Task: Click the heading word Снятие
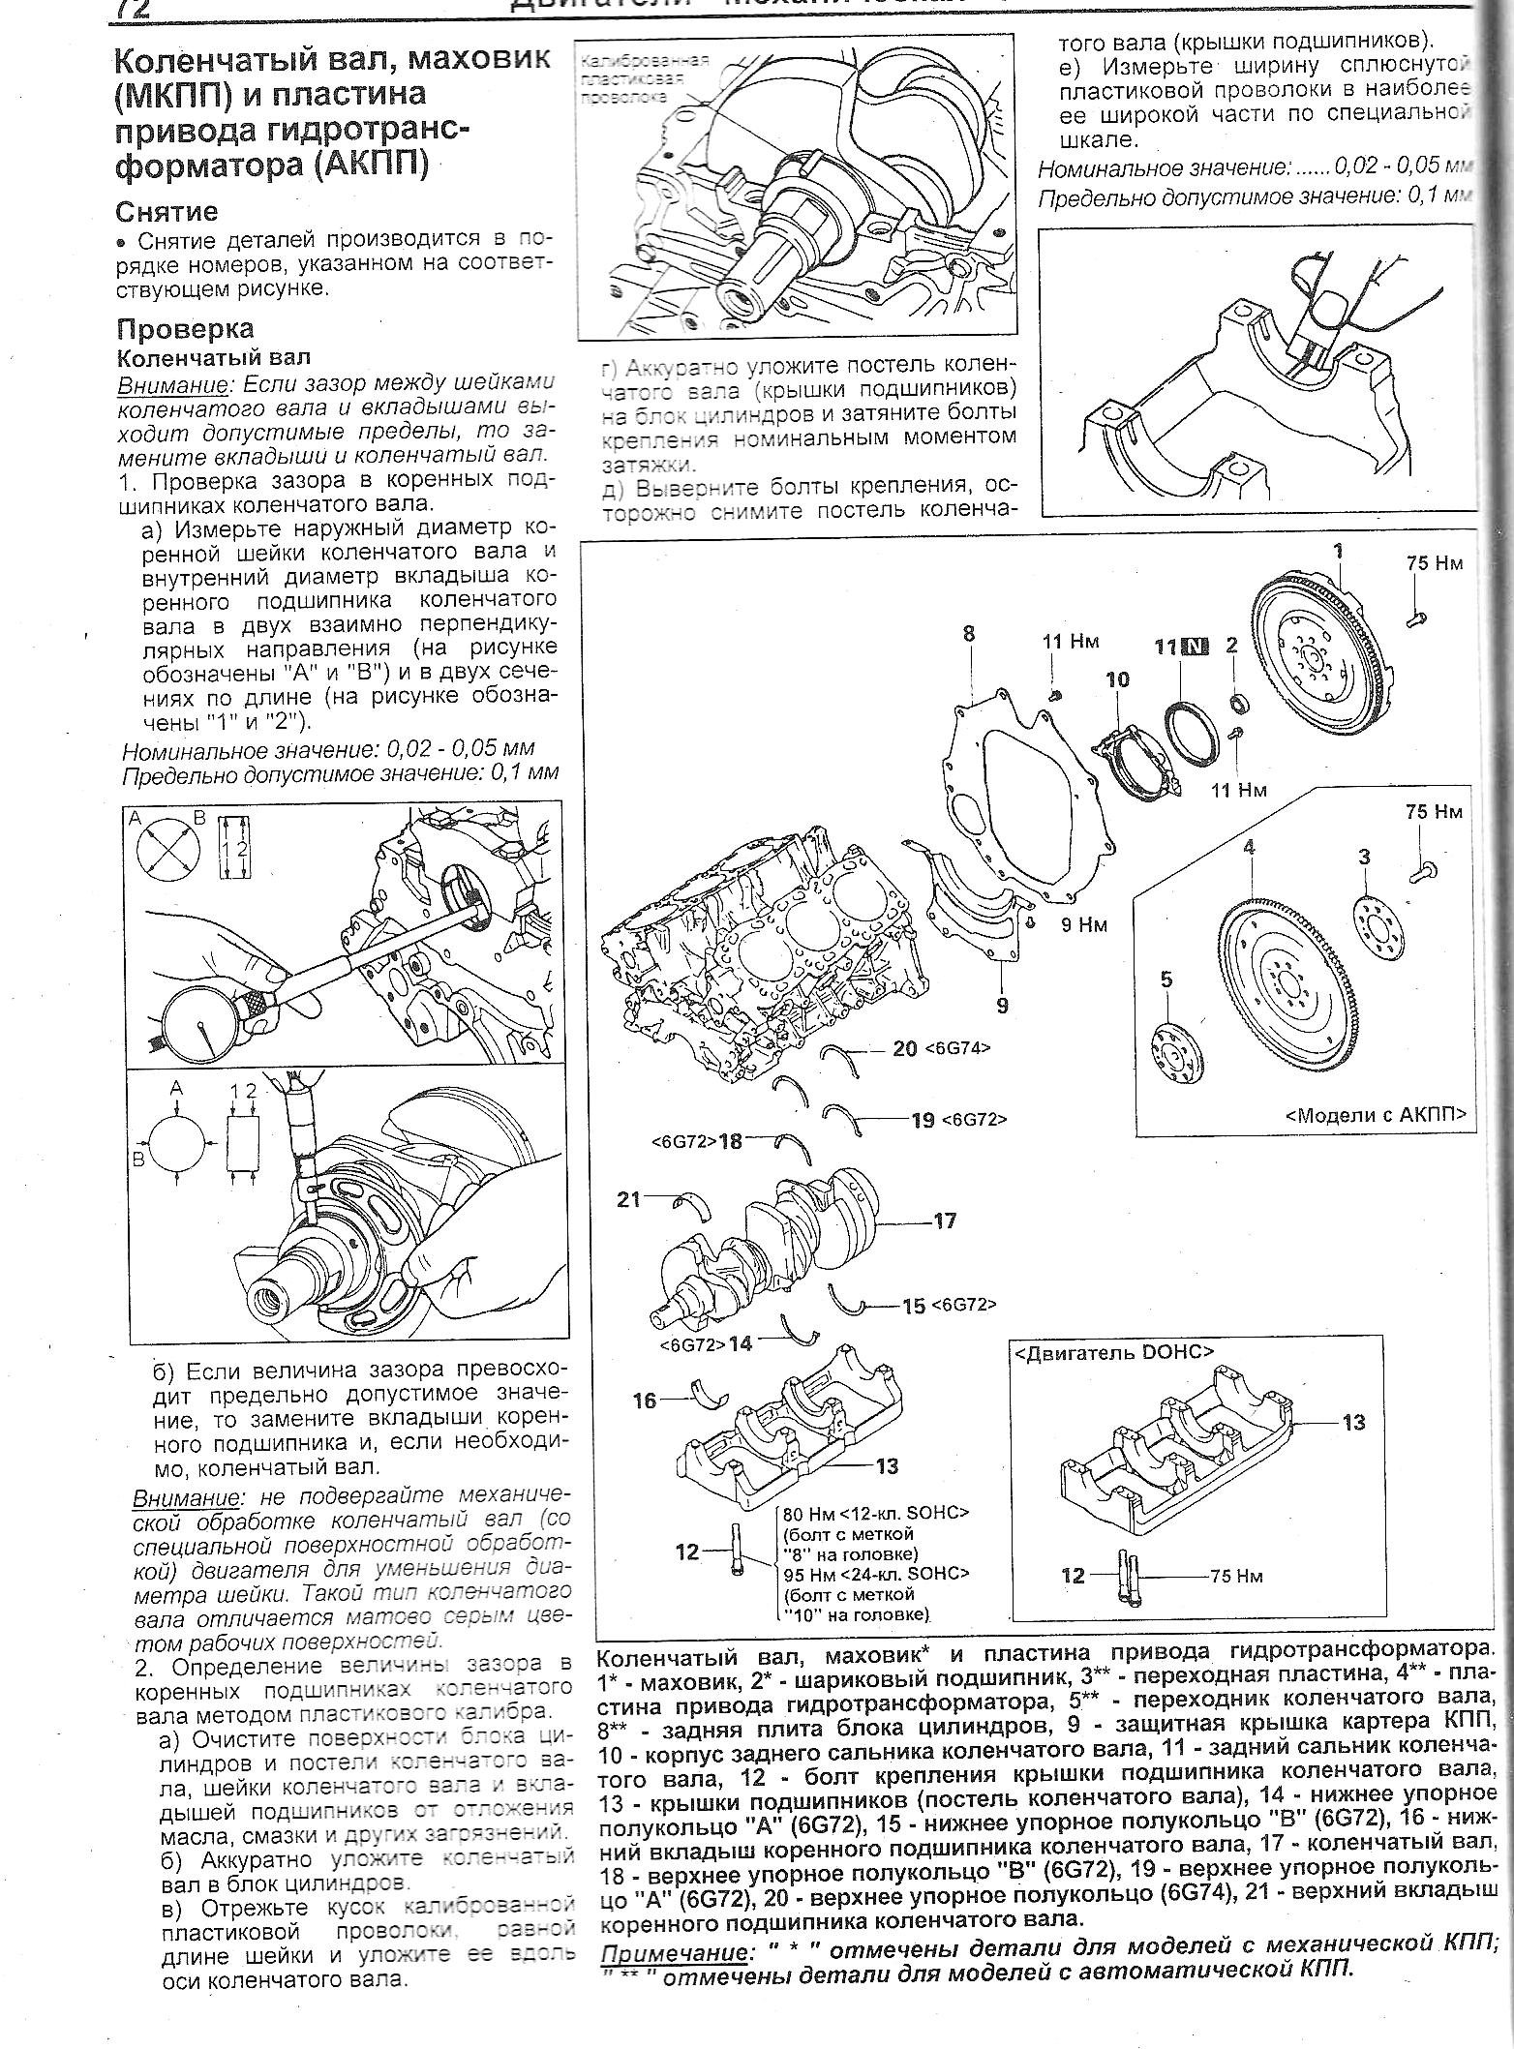point(167,211)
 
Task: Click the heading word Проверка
point(185,328)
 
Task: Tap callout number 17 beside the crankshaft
point(944,1220)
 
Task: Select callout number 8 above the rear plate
point(968,635)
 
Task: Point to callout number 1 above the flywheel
point(1339,552)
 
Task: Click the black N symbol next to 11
point(1196,647)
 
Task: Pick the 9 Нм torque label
point(1083,924)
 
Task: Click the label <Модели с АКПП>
point(1376,1114)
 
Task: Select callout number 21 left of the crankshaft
point(630,1199)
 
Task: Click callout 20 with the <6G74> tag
point(905,1047)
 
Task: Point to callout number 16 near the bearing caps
point(645,1400)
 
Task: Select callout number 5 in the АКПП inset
point(1166,980)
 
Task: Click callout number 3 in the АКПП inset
point(1364,857)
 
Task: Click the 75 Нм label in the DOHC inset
point(1235,1576)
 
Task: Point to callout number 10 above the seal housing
point(1117,679)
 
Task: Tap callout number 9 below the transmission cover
point(1002,1006)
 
